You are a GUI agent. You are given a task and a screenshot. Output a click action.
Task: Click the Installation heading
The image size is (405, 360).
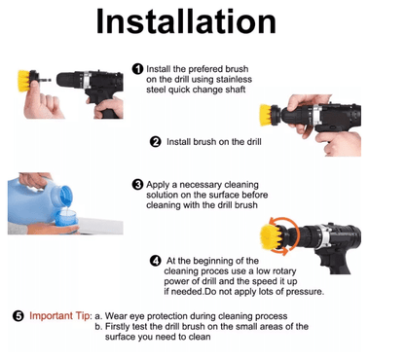pyautogui.click(x=186, y=21)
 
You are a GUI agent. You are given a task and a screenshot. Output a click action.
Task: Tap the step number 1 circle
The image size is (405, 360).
pyautogui.click(x=137, y=69)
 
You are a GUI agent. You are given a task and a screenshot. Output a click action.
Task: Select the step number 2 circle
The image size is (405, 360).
pyautogui.click(x=156, y=142)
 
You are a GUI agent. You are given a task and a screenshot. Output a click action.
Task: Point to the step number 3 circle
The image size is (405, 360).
pyautogui.click(x=137, y=185)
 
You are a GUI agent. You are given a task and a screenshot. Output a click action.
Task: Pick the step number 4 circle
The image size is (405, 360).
pyautogui.click(x=156, y=261)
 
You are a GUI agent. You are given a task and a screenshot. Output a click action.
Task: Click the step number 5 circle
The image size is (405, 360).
pyautogui.click(x=18, y=316)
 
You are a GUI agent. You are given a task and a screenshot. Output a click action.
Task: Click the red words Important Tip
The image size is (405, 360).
pyautogui.click(x=59, y=316)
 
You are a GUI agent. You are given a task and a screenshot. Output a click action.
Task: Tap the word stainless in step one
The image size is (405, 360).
pyautogui.click(x=234, y=80)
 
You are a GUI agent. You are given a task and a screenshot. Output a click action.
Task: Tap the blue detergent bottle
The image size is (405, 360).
pyautogui.click(x=36, y=200)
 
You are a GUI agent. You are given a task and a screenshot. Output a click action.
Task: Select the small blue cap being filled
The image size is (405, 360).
pyautogui.click(x=66, y=218)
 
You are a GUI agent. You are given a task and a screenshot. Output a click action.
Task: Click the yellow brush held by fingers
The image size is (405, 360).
pyautogui.click(x=24, y=81)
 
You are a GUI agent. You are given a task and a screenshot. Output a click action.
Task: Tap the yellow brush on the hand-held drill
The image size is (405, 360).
pyautogui.click(x=266, y=115)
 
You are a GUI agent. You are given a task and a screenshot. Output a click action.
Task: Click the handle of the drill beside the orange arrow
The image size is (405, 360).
pyautogui.click(x=334, y=262)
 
